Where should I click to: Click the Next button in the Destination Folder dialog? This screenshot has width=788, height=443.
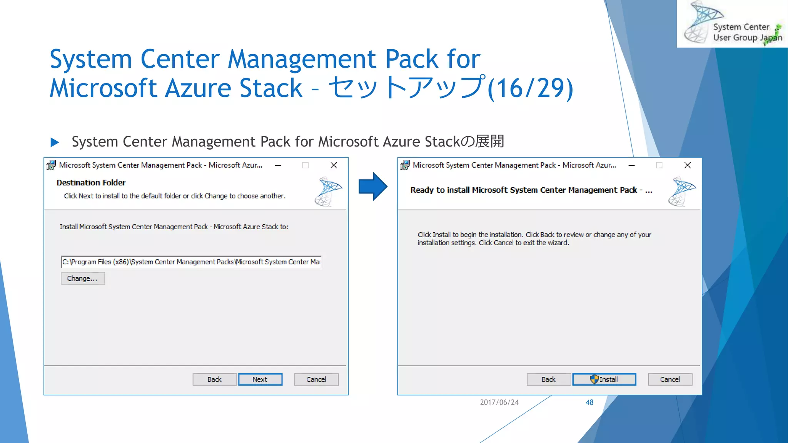click(260, 380)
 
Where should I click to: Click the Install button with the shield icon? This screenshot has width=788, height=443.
click(604, 380)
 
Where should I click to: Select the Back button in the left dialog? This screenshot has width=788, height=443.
click(214, 380)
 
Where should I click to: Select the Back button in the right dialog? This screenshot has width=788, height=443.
click(548, 380)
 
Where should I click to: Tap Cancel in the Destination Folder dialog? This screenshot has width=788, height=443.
click(316, 380)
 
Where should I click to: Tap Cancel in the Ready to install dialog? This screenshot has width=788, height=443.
click(670, 380)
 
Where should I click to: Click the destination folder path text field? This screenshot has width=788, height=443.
click(191, 262)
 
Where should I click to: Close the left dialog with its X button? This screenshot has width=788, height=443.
click(334, 165)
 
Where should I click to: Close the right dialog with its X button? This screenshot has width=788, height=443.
click(688, 165)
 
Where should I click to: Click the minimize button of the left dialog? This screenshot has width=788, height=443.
click(278, 165)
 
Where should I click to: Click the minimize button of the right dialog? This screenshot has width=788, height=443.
click(631, 165)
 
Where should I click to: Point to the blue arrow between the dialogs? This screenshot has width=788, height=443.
click(372, 187)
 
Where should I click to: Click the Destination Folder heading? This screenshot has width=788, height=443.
click(91, 183)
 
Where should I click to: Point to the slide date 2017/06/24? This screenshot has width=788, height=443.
click(499, 402)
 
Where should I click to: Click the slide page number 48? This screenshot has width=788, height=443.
click(589, 402)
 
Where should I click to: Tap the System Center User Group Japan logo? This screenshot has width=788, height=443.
click(732, 24)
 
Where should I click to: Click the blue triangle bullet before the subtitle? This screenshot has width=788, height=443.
click(55, 142)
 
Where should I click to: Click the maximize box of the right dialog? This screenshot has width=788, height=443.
click(659, 165)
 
